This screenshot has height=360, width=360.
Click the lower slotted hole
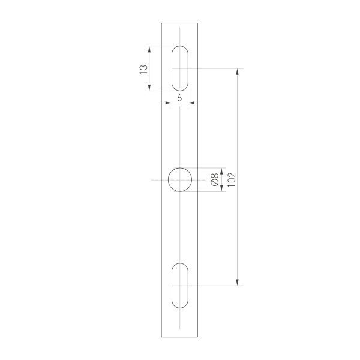tap(180, 286)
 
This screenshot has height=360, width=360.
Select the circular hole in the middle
tap(180, 179)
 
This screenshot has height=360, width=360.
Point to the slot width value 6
tap(180, 97)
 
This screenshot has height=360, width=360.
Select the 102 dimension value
tap(232, 178)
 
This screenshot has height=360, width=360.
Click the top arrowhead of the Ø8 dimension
tap(222, 170)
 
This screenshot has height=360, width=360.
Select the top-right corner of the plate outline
tap(199, 23)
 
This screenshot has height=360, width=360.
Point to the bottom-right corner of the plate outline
tap(199, 337)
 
